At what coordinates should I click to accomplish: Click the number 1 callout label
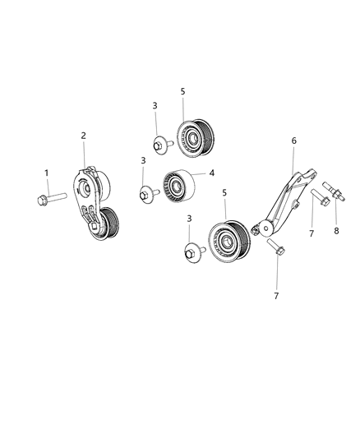[x=47, y=173]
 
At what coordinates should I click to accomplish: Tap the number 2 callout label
[x=83, y=135]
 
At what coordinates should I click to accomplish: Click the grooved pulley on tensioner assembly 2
[x=107, y=224]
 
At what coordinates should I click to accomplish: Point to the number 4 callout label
[x=211, y=173]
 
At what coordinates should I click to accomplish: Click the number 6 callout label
[x=293, y=141]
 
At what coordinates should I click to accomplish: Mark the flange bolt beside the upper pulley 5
[x=160, y=144]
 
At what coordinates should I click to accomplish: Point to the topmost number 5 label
[x=183, y=91]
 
